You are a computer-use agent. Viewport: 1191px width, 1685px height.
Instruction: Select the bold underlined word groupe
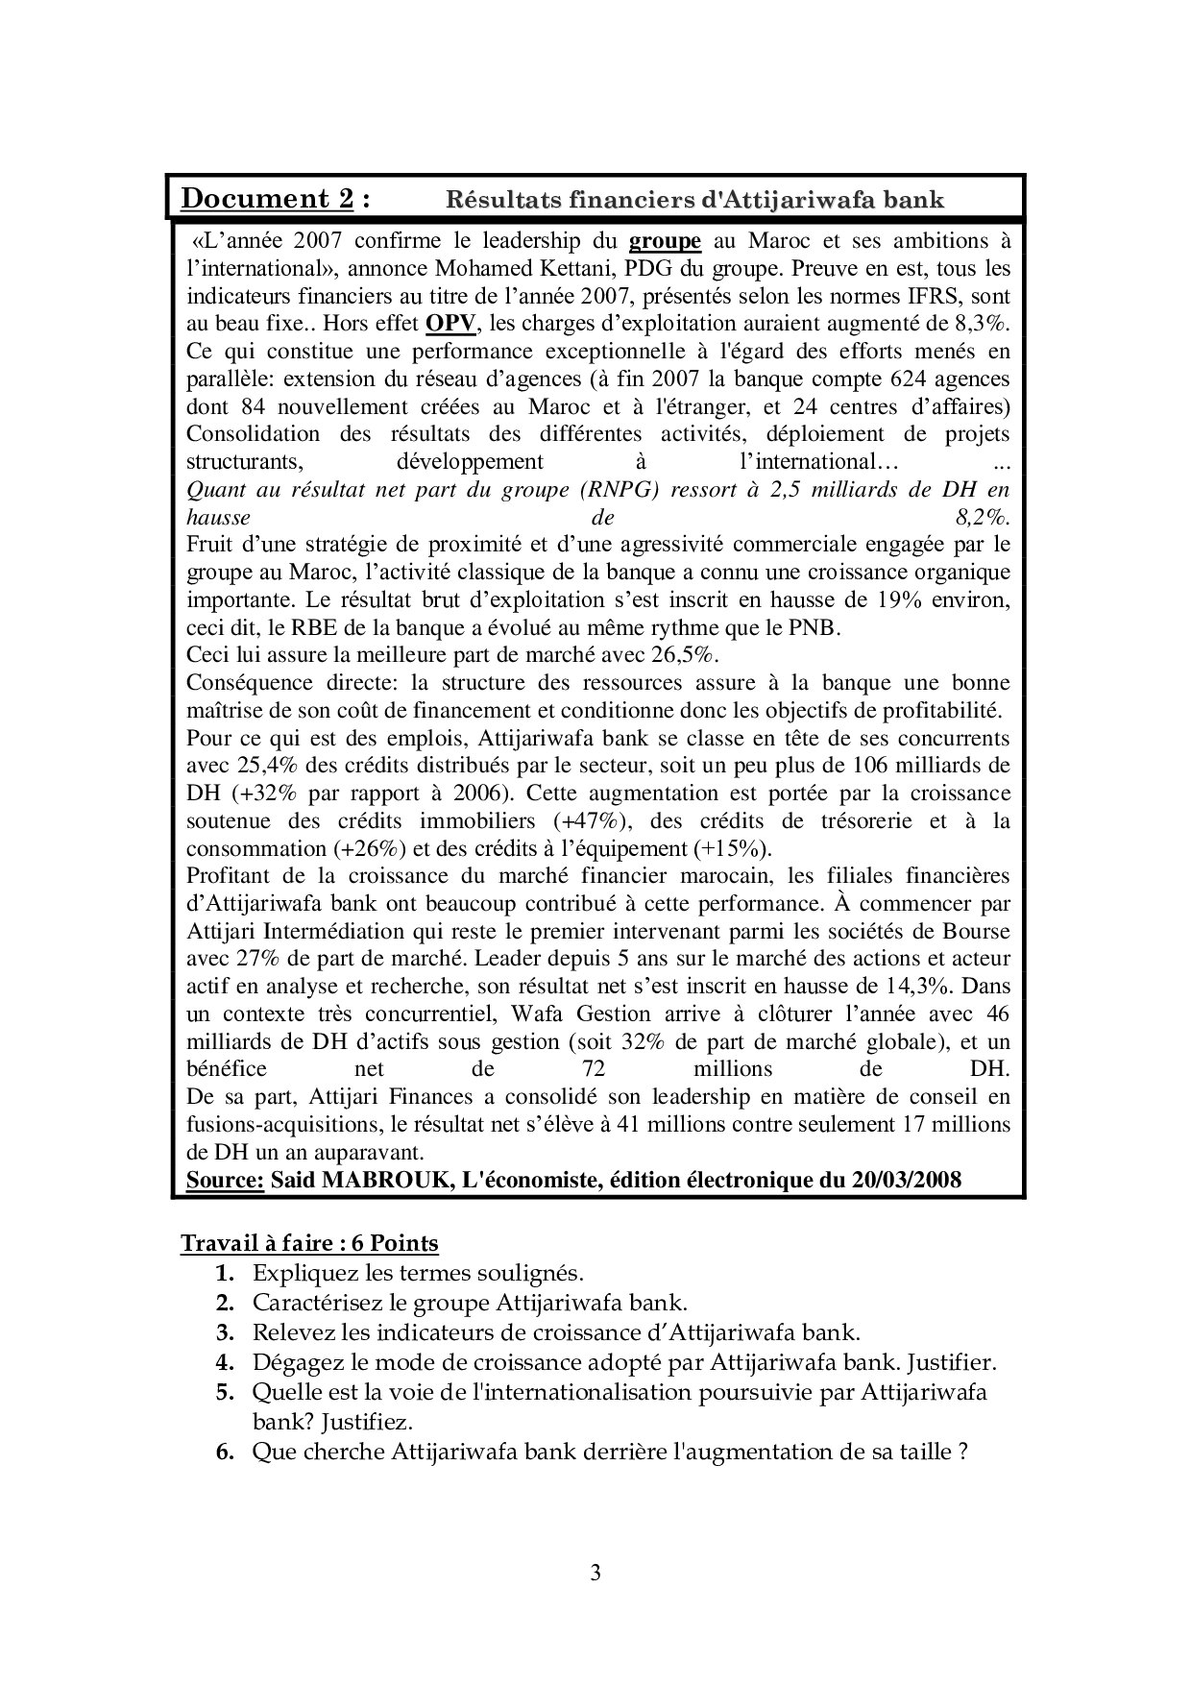(x=665, y=240)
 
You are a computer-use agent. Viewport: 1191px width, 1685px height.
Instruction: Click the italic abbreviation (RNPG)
(x=619, y=490)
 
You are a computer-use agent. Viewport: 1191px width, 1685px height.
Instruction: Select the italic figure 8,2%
(x=983, y=518)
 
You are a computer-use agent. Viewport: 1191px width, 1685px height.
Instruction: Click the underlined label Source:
(x=225, y=1180)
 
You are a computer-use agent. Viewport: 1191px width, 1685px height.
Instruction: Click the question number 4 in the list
(x=225, y=1362)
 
